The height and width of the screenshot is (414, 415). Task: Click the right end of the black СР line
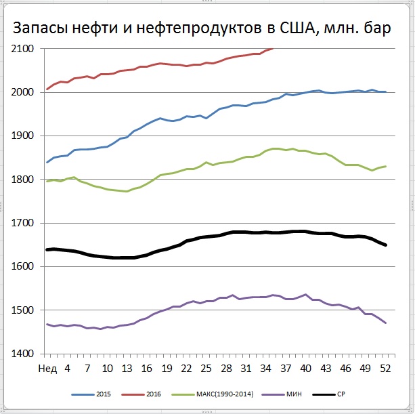point(385,245)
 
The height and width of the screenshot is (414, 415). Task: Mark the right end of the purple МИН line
point(385,323)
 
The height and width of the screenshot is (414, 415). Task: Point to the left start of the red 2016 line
point(47,89)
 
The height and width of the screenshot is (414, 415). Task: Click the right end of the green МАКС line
point(385,166)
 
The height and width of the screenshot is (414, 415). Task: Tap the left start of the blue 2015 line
point(47,162)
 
